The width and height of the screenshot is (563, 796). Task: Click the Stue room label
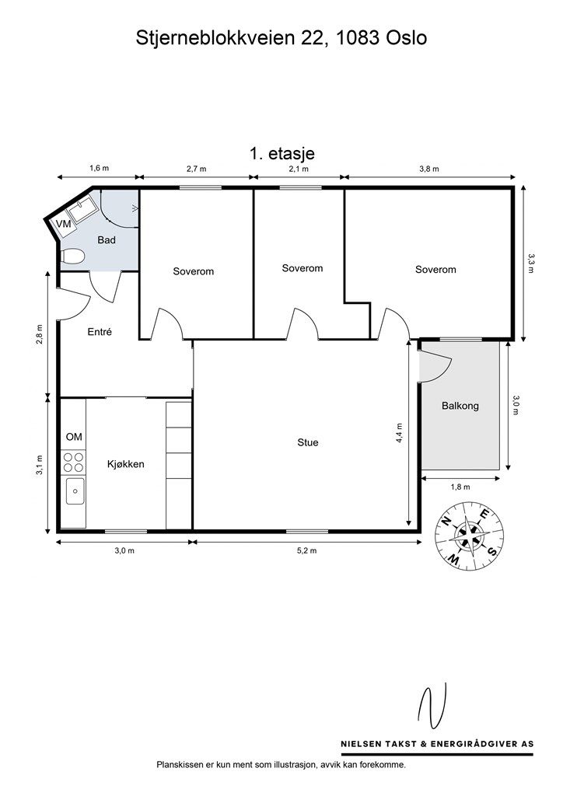click(308, 443)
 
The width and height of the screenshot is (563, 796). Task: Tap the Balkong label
click(460, 406)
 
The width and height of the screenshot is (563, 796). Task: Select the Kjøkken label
click(126, 465)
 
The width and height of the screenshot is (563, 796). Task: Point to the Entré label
click(100, 332)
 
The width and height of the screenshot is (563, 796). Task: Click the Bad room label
click(107, 240)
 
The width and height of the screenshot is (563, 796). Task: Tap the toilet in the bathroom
click(72, 256)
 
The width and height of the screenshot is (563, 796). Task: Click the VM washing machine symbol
click(64, 225)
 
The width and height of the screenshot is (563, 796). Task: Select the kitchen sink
click(75, 491)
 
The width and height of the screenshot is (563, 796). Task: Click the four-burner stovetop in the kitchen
click(73, 463)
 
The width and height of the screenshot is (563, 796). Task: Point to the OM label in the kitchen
click(74, 437)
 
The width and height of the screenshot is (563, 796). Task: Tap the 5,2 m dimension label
click(307, 550)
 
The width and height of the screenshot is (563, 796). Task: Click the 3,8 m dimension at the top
click(429, 169)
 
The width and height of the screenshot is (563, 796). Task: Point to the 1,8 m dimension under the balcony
click(460, 487)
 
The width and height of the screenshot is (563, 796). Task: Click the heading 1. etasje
click(281, 153)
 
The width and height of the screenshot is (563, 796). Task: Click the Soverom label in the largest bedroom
click(435, 270)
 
